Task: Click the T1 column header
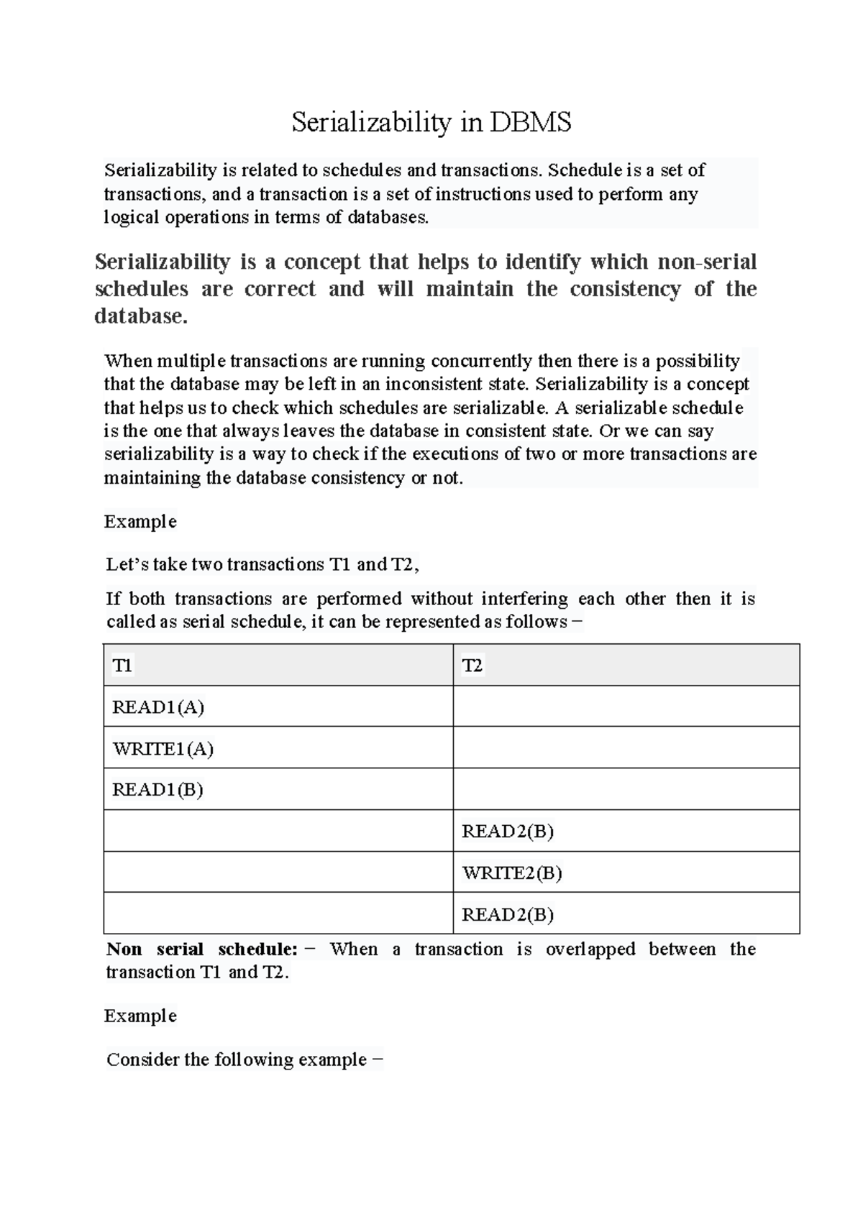122,666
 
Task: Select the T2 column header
472,666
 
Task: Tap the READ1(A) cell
158,707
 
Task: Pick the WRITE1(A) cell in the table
163,749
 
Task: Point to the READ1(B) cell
157,790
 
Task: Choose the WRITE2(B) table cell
511,873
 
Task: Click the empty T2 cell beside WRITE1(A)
626,747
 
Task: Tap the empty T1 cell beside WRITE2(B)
278,873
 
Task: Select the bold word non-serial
707,262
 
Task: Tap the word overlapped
590,949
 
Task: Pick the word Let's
127,564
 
